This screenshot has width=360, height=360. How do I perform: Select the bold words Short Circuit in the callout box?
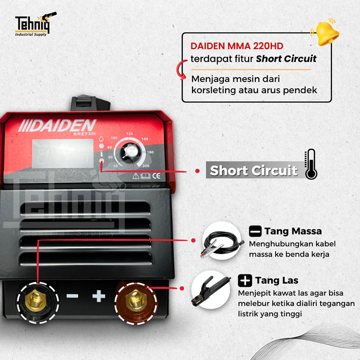(286, 59)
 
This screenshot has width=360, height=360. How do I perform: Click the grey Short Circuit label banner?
(253, 170)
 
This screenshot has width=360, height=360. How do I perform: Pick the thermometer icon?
(311, 165)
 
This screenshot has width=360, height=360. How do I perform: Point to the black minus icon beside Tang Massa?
(255, 231)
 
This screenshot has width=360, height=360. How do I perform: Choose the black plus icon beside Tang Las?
(245, 280)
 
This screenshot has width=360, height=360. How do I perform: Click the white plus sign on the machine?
(99, 296)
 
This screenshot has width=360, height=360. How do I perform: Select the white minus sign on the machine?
(72, 296)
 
